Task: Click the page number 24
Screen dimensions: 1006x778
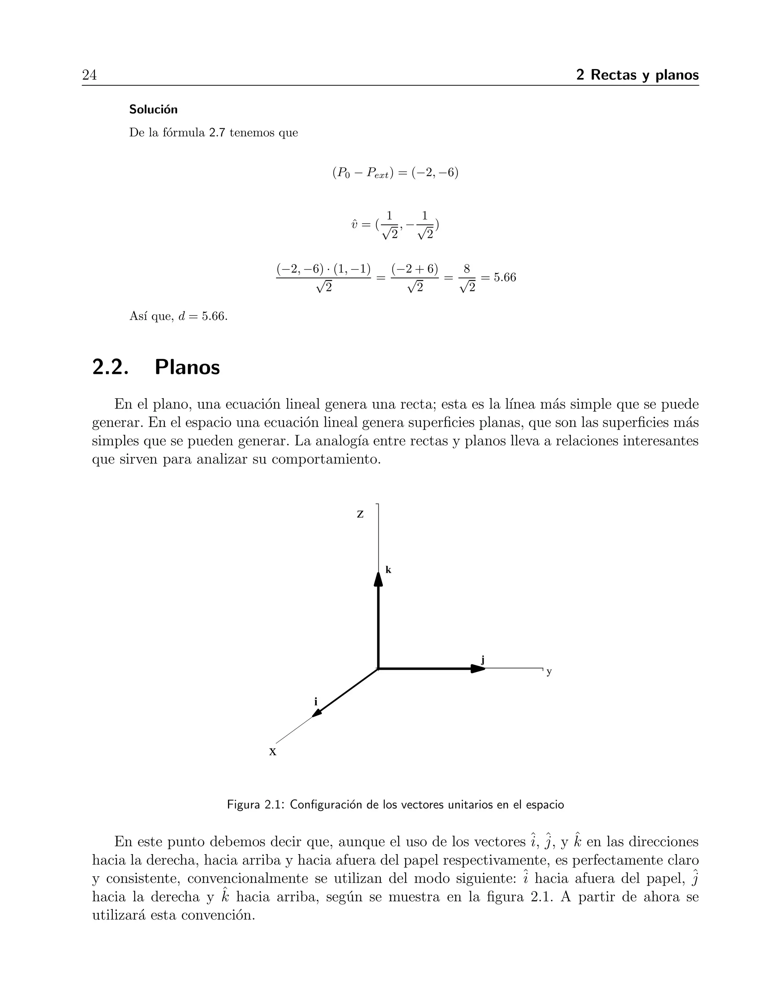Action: pyautogui.click(x=89, y=75)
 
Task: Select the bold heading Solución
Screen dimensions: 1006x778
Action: pyautogui.click(x=153, y=110)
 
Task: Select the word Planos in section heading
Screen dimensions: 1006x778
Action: pyautogui.click(x=187, y=367)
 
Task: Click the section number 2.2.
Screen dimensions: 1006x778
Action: pyautogui.click(x=110, y=367)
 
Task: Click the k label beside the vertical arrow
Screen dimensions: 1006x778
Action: pyautogui.click(x=388, y=570)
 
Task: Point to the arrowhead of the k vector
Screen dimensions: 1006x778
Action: pyautogui.click(x=378, y=579)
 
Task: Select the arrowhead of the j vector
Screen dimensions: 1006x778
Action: pyautogui.click(x=478, y=669)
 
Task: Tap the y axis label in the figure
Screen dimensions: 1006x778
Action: pyautogui.click(x=549, y=672)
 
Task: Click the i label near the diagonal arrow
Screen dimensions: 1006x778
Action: pyautogui.click(x=316, y=702)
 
